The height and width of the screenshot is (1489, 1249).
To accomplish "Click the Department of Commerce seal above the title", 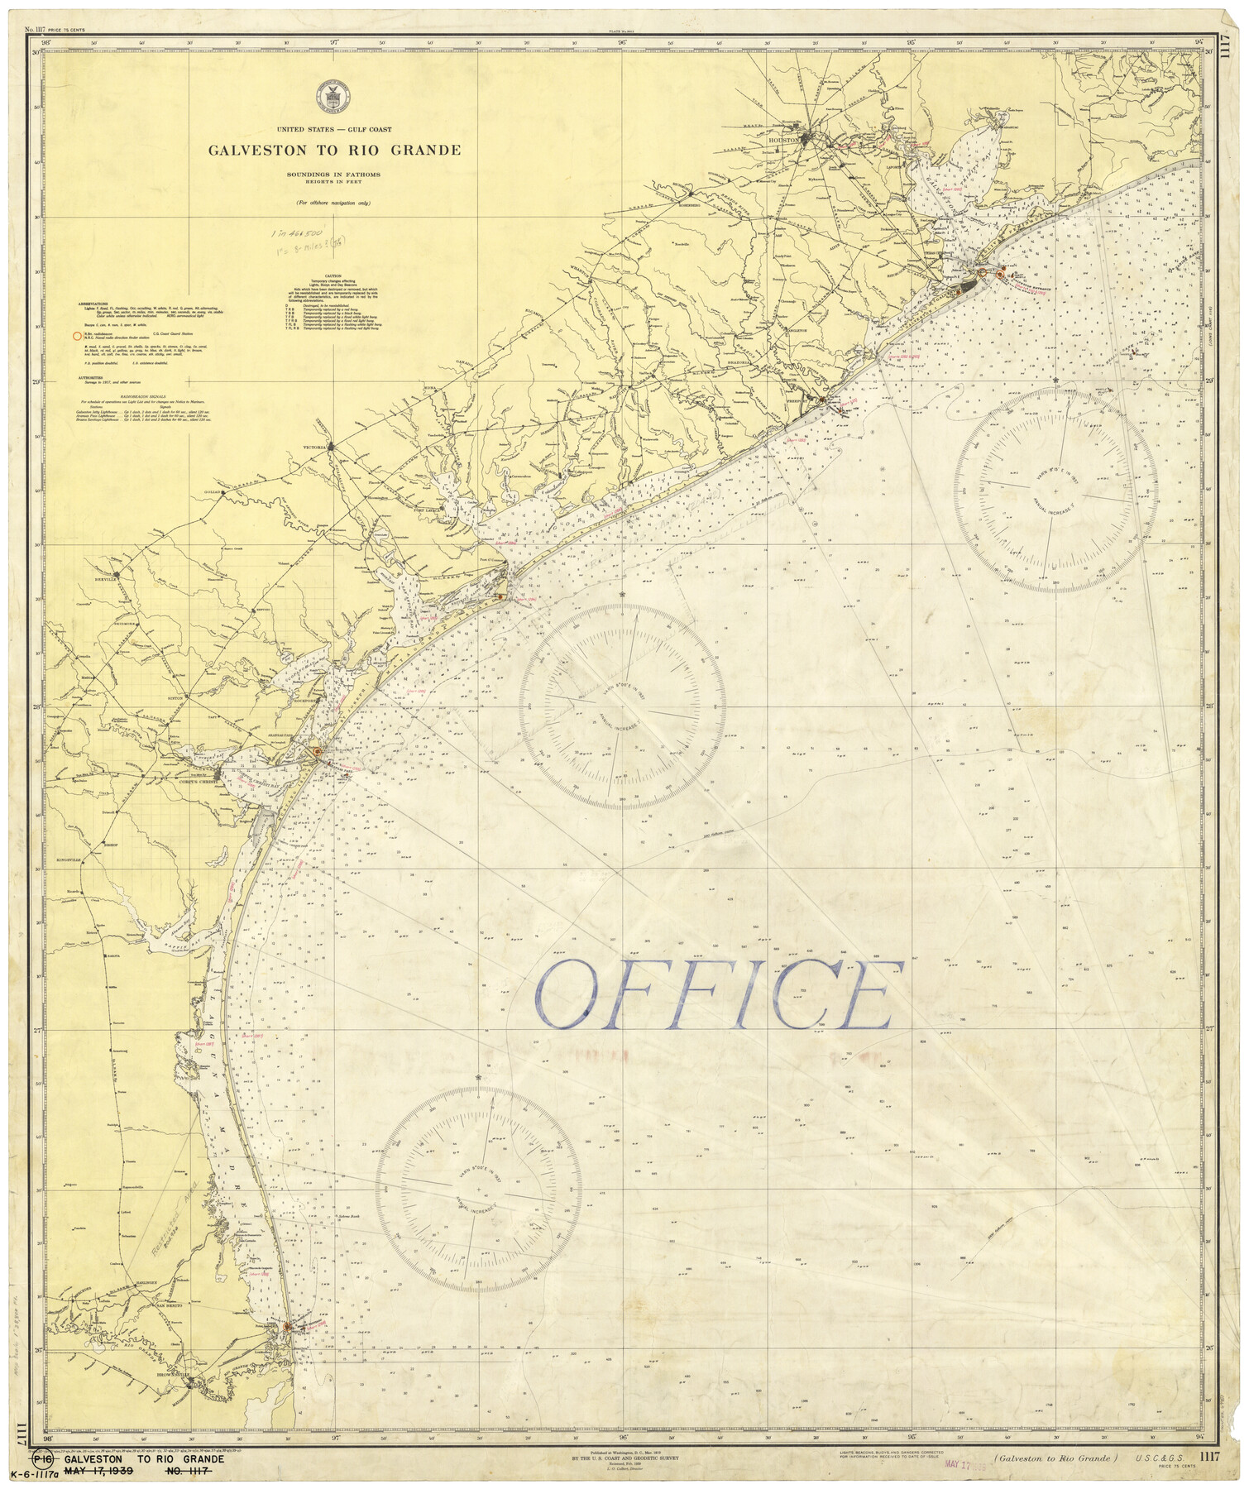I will pos(334,98).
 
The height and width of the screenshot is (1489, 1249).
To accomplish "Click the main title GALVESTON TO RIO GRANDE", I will pos(334,151).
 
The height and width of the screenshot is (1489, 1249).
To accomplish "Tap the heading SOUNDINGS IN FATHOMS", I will pos(334,175).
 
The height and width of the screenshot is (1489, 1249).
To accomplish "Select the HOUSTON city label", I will pos(783,141).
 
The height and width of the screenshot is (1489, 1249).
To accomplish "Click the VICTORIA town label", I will pos(314,448).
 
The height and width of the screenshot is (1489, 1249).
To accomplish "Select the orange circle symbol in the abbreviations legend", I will pos(77,337).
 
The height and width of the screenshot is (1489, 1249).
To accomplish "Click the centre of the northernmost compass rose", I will pos(1055,491).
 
